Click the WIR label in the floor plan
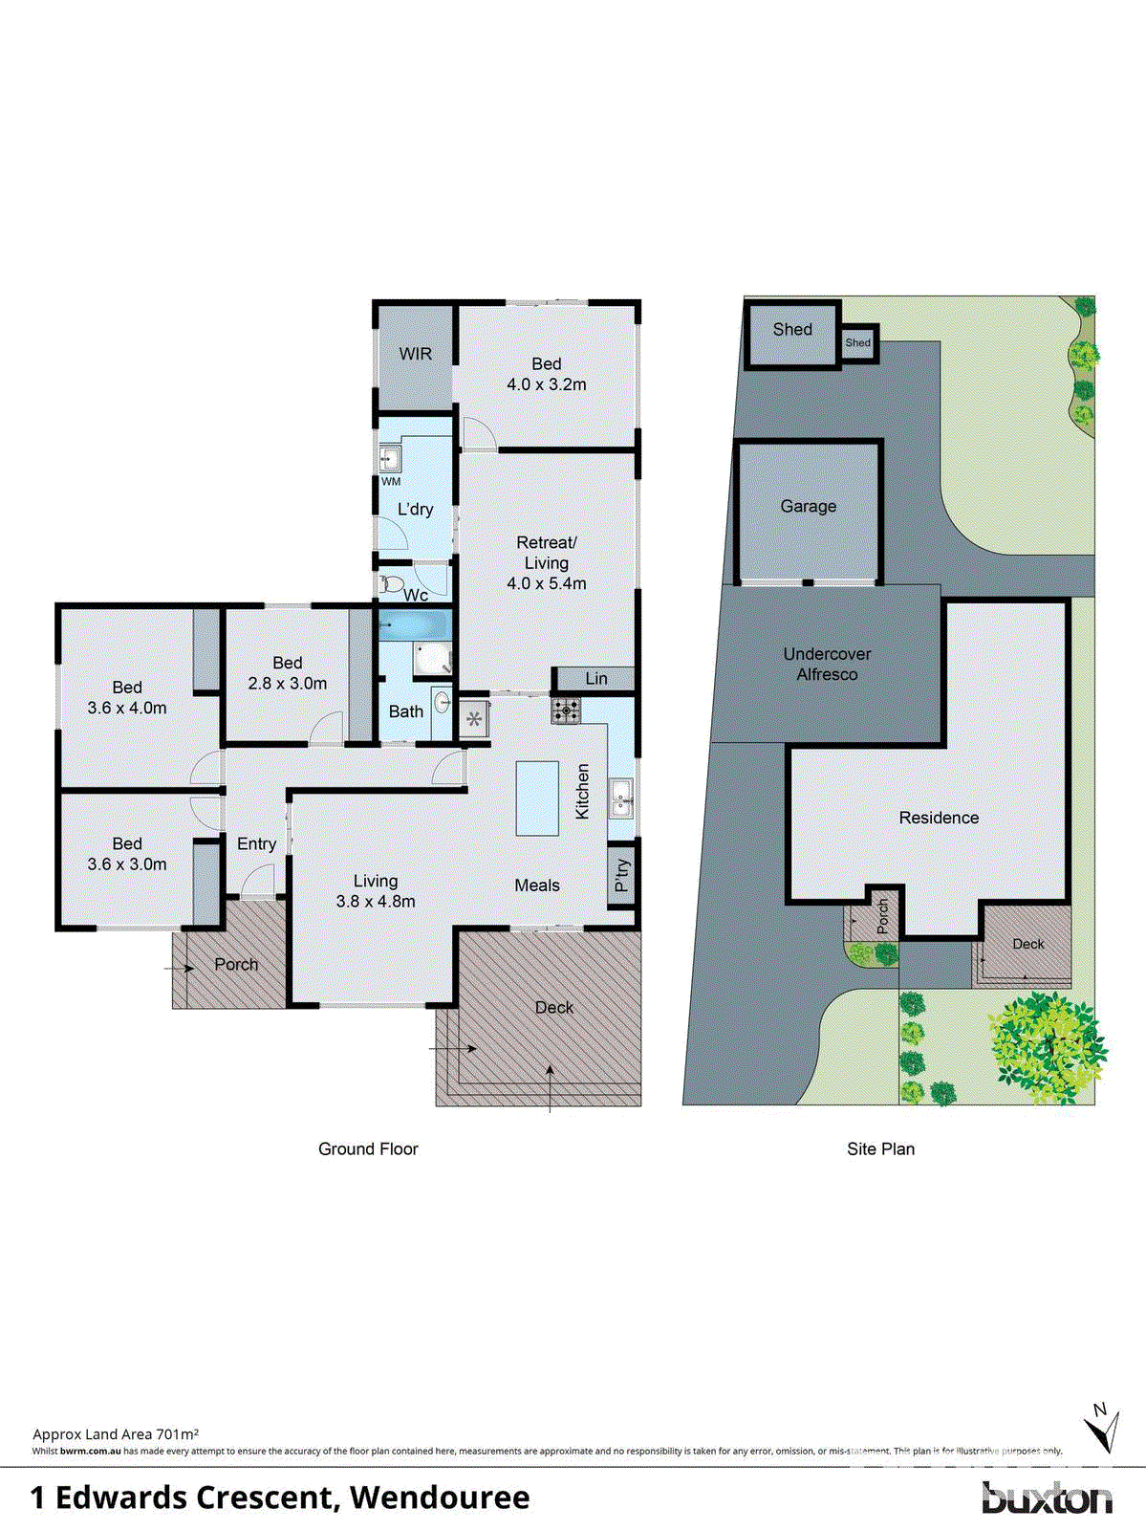coord(415,354)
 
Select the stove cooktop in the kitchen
coord(566,710)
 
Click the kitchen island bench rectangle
coord(537,798)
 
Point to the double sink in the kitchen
coord(621,798)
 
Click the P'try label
coord(622,875)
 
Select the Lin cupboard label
coord(595,678)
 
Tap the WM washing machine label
coord(391,481)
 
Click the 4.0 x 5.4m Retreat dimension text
coord(546,583)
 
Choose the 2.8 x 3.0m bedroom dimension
coord(287,684)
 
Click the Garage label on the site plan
coord(808,507)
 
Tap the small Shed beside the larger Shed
coord(858,342)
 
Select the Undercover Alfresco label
coord(827,664)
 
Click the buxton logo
coord(1047,1497)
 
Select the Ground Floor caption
coord(368,1148)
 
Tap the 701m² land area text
coord(178,1433)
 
